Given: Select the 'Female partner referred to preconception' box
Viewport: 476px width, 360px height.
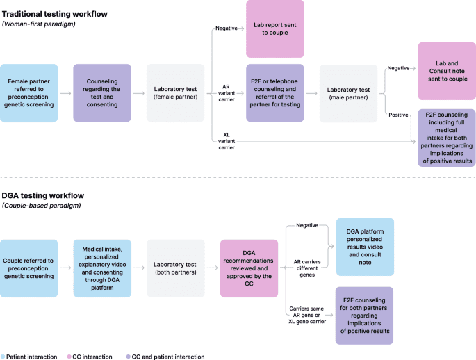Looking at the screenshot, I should [x=28, y=93].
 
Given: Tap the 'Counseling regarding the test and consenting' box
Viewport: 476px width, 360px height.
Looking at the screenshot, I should [x=102, y=93].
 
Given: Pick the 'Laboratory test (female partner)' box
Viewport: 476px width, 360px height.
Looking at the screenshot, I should [x=175, y=93].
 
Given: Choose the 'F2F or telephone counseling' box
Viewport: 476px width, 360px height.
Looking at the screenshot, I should [x=275, y=93].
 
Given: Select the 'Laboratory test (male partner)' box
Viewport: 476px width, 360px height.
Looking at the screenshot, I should [x=348, y=93].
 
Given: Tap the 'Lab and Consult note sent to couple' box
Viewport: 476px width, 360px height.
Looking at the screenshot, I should [x=446, y=71].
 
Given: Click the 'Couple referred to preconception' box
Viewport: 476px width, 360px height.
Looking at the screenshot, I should [x=28, y=268].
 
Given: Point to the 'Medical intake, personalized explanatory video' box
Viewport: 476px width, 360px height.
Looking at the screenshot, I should [x=102, y=268].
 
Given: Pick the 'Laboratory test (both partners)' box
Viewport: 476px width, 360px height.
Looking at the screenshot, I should [x=175, y=268].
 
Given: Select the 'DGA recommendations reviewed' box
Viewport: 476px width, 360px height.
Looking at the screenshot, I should [x=249, y=268].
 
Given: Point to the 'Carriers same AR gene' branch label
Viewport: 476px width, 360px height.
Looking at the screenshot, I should [x=306, y=314].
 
